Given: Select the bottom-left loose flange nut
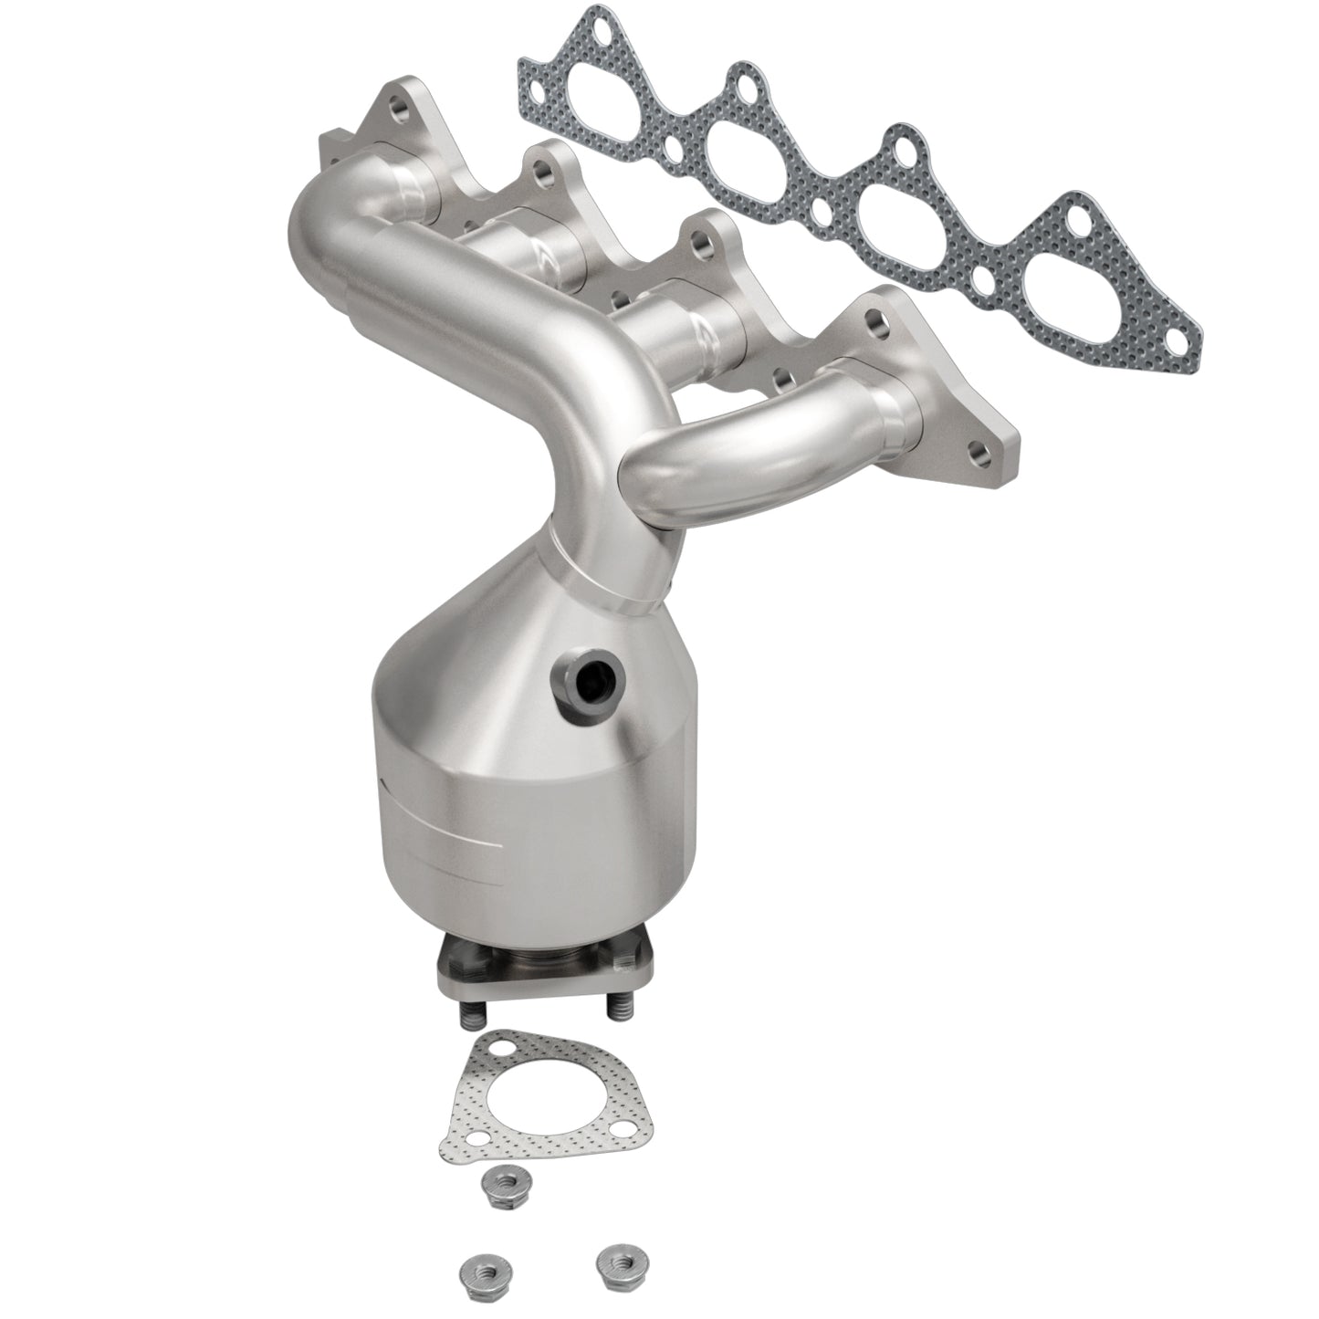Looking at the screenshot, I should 476,1266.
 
